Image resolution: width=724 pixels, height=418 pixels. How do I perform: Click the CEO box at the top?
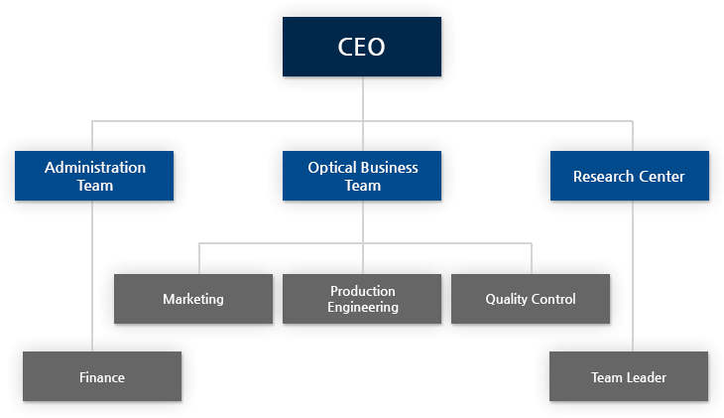point(362,47)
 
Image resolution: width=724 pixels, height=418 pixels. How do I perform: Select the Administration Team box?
point(94,176)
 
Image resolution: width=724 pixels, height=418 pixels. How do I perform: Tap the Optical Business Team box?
point(362,176)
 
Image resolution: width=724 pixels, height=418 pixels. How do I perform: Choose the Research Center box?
point(629,176)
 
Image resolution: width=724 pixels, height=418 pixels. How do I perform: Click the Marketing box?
point(193,299)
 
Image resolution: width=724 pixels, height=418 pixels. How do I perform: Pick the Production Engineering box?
point(362,299)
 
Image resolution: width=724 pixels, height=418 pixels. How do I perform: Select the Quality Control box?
point(531,299)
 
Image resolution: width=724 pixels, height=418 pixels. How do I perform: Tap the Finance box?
point(102,376)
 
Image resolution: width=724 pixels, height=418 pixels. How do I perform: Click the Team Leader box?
point(629,376)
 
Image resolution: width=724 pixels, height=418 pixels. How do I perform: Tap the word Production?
point(363,291)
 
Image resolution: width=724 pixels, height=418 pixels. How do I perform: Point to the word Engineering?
point(363,307)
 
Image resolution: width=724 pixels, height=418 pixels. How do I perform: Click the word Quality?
point(506,299)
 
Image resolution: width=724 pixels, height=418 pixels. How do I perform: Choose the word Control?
point(553,299)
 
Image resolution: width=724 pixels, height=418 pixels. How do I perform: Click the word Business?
point(389,168)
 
